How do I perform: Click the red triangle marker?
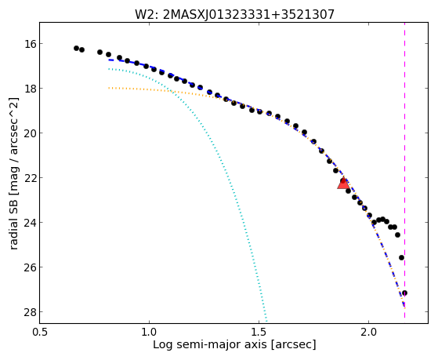(x=343, y=184)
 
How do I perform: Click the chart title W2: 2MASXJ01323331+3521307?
(x=234, y=14)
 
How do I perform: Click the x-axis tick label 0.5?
(x=40, y=333)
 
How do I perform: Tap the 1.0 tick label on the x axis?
(x=149, y=333)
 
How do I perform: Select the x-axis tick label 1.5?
(x=259, y=333)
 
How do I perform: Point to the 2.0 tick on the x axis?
(x=369, y=333)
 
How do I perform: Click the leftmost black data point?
(x=76, y=48)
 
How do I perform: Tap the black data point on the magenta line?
(x=404, y=293)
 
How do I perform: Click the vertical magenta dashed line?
(x=404, y=170)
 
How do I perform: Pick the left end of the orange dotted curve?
(x=109, y=88)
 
